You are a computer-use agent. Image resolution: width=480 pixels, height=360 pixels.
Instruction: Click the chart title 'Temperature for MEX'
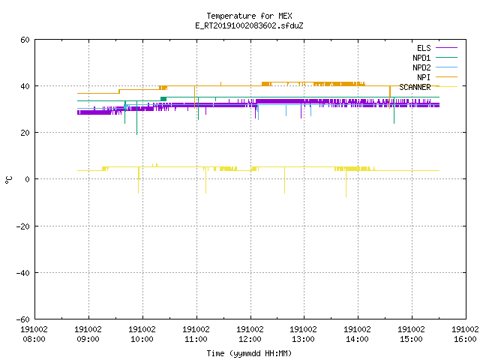(249, 16)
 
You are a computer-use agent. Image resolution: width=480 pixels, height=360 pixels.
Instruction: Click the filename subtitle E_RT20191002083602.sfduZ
(249, 25)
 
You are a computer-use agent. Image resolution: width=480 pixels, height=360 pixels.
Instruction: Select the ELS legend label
(424, 48)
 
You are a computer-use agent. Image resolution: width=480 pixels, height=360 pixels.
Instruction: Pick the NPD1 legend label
(421, 58)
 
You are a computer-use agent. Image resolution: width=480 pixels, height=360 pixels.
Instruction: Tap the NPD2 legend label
(421, 67)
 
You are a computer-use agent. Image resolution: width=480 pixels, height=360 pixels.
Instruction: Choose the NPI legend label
(424, 77)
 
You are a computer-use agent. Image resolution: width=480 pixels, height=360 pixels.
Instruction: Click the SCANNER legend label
(415, 87)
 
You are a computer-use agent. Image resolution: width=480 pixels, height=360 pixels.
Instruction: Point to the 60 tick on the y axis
(25, 40)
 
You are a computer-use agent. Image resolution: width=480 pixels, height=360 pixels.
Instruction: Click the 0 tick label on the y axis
(28, 179)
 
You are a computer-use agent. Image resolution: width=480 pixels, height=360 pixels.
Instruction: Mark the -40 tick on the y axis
(23, 273)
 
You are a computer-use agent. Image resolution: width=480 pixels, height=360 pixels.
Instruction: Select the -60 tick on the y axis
(23, 319)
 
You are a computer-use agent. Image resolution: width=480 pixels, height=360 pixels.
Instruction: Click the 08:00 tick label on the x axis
(34, 339)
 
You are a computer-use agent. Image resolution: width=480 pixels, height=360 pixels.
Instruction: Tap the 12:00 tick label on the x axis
(250, 339)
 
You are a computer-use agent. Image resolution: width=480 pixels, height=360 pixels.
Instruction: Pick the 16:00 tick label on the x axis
(465, 339)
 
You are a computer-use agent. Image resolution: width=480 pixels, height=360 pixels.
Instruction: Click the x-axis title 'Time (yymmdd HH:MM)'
(249, 353)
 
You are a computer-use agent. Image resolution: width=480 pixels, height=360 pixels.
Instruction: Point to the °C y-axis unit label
(8, 180)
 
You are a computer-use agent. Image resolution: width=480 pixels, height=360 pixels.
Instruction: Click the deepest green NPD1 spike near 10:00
(136, 118)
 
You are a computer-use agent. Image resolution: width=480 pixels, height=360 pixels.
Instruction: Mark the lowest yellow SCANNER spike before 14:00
(346, 184)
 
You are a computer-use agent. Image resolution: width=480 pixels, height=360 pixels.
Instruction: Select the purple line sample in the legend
(446, 48)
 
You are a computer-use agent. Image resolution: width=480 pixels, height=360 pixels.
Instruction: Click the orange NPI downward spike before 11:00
(195, 97)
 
